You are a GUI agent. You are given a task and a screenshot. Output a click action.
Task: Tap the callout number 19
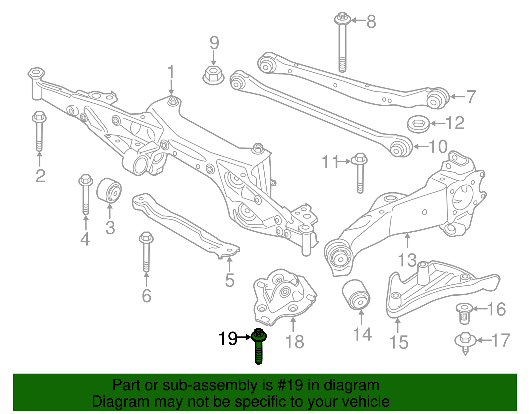228,338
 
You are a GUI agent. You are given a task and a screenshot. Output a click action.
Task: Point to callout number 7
471,97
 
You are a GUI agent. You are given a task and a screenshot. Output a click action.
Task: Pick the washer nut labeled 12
418,124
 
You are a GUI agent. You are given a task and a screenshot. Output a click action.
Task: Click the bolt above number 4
85,194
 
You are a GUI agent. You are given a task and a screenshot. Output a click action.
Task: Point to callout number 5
230,280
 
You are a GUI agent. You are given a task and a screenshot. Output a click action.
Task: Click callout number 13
407,260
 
